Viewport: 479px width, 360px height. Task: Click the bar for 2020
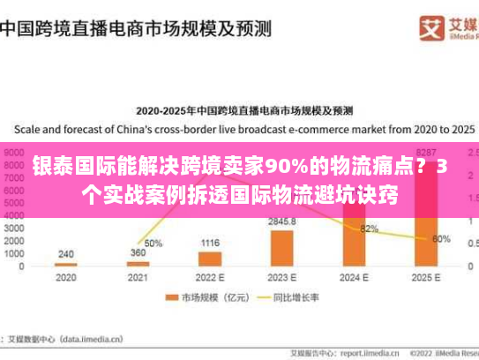[65, 264]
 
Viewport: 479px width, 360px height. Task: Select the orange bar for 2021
[138, 263]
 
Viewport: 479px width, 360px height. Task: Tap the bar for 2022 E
[210, 259]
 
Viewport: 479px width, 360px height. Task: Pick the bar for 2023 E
[282, 248]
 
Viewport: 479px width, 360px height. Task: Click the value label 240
[65, 253]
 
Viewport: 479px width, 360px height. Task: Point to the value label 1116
[210, 243]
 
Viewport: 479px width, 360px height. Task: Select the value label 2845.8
[282, 221]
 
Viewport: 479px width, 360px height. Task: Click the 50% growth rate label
[153, 243]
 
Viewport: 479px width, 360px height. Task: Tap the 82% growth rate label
[370, 229]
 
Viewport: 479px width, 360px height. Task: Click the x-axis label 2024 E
[354, 277]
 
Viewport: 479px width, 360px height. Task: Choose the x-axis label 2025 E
[426, 277]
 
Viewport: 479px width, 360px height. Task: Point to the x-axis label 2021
[138, 277]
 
